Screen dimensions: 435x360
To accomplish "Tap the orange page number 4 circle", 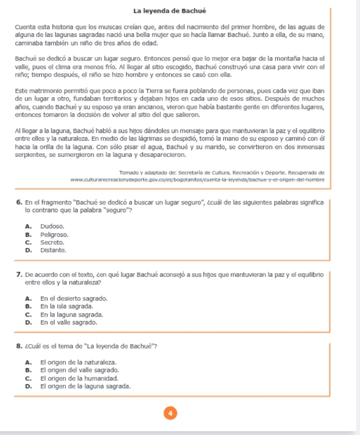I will coord(173,413).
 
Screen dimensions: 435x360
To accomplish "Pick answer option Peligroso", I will coord(54,233).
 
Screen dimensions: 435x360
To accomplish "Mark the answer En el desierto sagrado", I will coord(73,299).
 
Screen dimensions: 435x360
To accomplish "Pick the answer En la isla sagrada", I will coord(67,307).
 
